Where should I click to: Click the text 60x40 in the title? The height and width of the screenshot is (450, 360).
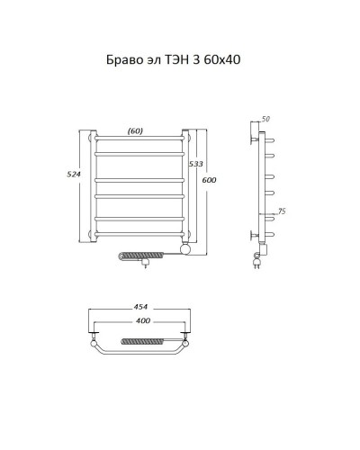(220, 61)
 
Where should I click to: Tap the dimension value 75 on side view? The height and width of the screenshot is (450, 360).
(283, 212)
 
